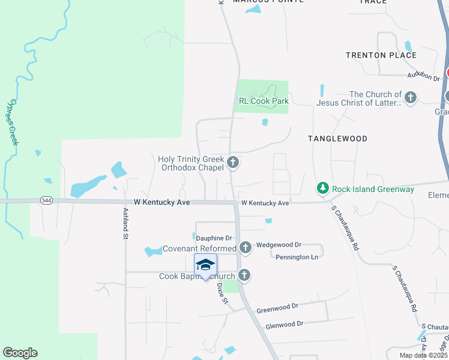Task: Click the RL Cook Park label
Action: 264,101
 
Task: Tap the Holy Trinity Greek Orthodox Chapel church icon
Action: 233,163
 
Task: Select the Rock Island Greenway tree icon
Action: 323,189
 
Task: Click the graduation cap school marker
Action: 205,265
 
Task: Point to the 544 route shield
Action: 46,200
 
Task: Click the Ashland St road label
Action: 126,224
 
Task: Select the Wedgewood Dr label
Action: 279,245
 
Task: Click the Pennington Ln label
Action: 297,257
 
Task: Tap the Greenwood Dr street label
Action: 277,308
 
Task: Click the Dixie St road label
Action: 221,293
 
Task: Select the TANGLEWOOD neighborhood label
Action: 337,139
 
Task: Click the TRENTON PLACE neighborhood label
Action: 381,55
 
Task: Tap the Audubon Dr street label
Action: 424,76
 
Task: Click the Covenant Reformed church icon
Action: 245,247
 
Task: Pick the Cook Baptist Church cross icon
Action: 244,275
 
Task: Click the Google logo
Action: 20,353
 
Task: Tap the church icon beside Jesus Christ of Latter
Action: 411,98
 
